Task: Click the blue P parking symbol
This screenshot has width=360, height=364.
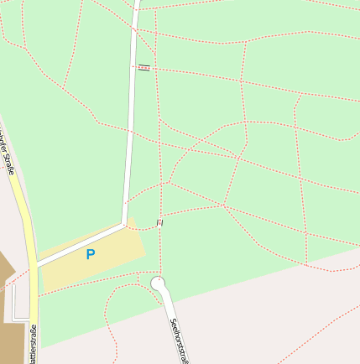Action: tap(91, 254)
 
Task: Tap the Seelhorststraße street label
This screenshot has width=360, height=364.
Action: tap(178, 340)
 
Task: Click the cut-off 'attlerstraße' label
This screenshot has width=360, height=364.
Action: tap(33, 343)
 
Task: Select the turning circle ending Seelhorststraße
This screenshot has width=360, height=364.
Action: tap(158, 284)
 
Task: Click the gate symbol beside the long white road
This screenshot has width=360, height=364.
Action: tap(143, 67)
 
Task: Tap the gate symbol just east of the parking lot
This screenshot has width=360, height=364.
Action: tap(159, 222)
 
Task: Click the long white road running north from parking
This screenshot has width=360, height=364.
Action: tap(132, 126)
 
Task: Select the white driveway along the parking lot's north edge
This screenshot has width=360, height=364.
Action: tap(80, 244)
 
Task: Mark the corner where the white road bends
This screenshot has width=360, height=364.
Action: tap(124, 224)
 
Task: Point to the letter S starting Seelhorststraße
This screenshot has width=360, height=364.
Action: tap(171, 321)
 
